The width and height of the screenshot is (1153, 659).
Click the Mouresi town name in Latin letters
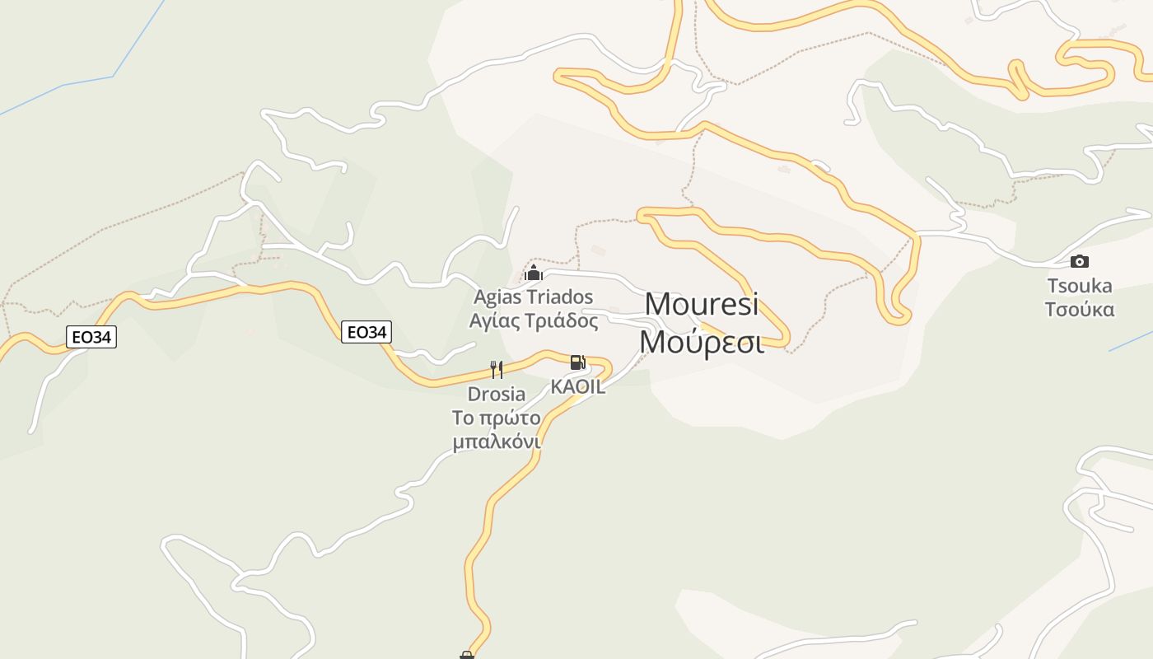point(701,304)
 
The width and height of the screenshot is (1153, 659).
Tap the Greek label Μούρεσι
point(702,341)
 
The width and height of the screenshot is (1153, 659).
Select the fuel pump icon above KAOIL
point(578,362)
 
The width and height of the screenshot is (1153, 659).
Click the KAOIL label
point(578,387)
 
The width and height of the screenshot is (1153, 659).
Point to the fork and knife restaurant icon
point(496,369)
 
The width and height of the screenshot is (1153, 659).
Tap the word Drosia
point(496,394)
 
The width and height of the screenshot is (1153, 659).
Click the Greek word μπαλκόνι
point(496,442)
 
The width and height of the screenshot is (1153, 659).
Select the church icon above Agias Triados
point(534,273)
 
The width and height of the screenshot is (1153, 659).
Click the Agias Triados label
point(533,297)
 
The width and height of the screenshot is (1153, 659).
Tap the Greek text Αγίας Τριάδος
point(533,320)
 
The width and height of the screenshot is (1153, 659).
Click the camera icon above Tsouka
point(1079,262)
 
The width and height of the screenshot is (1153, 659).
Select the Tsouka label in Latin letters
point(1079,286)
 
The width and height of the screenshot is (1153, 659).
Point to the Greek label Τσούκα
point(1079,310)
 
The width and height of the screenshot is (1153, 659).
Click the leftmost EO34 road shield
point(91,336)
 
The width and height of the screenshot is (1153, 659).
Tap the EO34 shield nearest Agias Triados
point(366,332)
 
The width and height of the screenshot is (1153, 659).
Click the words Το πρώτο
point(496,418)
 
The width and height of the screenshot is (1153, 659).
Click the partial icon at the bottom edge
point(467,655)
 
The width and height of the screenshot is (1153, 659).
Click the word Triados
point(559,297)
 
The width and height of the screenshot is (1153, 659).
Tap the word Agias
point(497,297)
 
